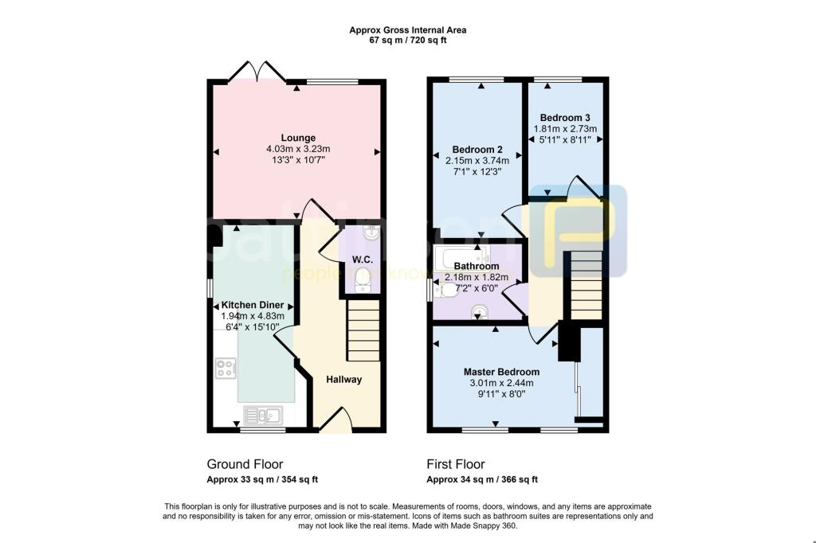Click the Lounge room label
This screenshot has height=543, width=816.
tap(298, 138)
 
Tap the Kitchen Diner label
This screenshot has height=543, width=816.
tap(253, 305)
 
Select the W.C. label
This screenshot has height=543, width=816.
tap(363, 260)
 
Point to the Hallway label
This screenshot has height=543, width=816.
tap(344, 380)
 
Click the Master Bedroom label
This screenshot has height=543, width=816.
tap(502, 372)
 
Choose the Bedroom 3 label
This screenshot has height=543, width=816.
tap(565, 118)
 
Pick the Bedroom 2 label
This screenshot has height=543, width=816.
tap(477, 150)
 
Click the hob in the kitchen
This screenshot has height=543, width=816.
tap(226, 369)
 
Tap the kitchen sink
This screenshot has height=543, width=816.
tap(263, 415)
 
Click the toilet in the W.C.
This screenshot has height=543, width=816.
tap(363, 283)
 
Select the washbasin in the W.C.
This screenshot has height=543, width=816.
tap(371, 233)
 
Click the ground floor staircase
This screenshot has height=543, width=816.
tap(363, 330)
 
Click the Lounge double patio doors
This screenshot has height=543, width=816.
tap(257, 72)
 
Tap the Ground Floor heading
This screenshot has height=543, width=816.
tap(245, 464)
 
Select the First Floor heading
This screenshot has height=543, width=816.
tap(456, 464)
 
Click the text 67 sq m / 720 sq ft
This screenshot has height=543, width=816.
tap(408, 40)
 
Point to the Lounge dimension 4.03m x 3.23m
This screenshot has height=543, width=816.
tap(298, 149)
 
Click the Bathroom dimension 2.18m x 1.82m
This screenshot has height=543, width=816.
tap(477, 277)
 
